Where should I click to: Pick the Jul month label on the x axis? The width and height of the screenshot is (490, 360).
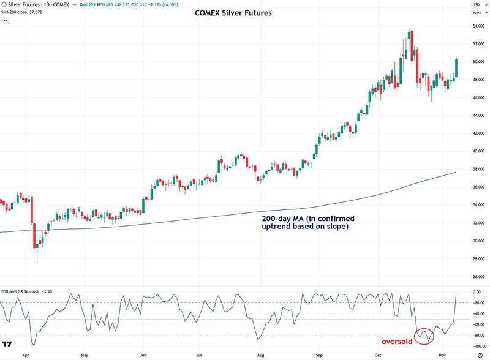[200, 353]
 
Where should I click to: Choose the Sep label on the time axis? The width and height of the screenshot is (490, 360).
[318, 353]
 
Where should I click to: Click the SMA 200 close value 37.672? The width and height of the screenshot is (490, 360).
[42, 14]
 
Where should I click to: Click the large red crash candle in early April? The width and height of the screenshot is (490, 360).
[32, 220]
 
